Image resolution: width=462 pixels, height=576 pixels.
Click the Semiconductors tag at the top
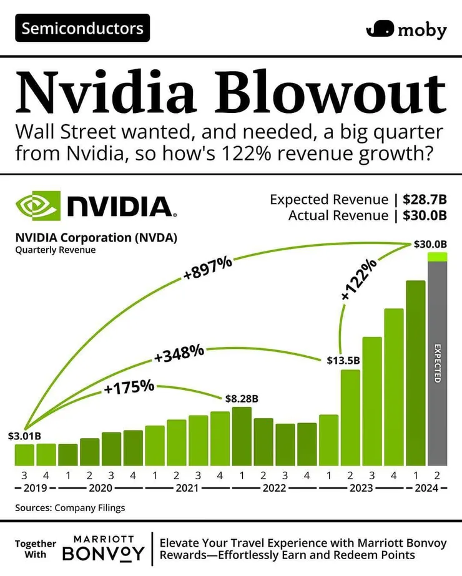coord(82,28)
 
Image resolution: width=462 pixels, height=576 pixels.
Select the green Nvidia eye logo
coord(37,207)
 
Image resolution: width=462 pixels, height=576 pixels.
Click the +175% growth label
coord(129,387)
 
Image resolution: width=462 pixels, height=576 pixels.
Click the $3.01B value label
coord(24,435)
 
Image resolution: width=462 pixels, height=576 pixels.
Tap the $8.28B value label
coord(240,398)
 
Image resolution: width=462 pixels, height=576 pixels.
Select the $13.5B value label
coord(343,361)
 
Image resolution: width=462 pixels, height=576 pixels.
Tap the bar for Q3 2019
coord(24,454)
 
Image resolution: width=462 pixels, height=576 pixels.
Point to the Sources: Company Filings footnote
coord(70,507)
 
